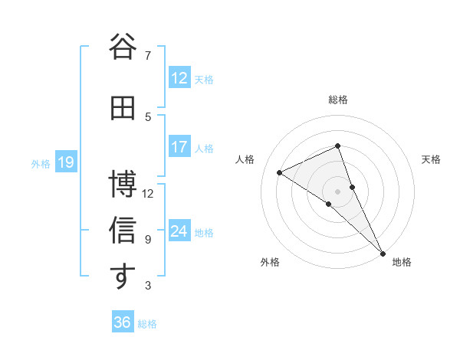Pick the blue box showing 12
coord(179,78)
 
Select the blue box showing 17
coord(179,147)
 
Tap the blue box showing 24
coord(179,231)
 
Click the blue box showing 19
coord(65,162)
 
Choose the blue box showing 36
coord(123,322)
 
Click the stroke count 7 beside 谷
coord(147,55)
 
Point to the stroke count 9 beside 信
coord(147,239)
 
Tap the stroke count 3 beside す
coord(147,286)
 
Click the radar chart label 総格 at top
coord(338,100)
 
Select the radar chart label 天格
coord(432,159)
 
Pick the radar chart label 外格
coord(270,262)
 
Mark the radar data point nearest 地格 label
coord(383,253)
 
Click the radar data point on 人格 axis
coord(280,172)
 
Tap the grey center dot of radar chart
coord(337,191)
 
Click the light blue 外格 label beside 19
coord(40,163)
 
